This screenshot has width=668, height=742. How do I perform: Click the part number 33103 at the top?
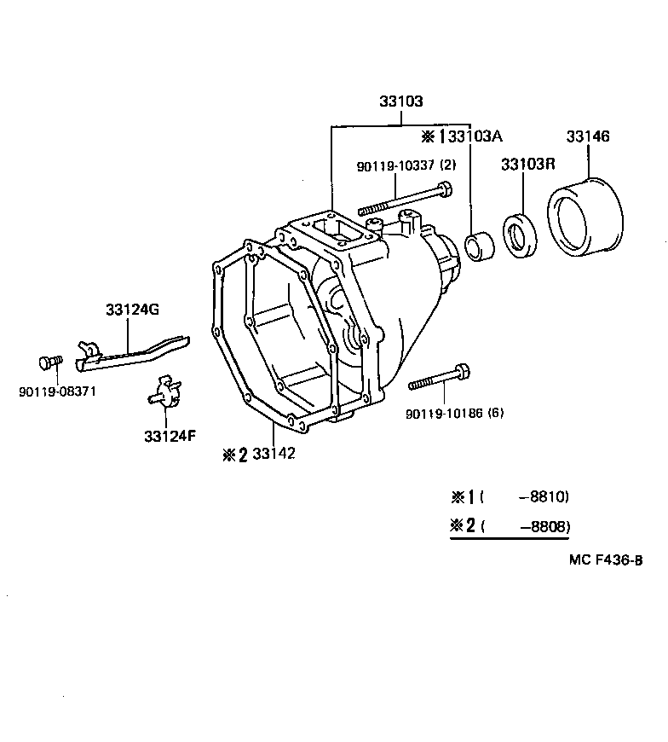(x=401, y=101)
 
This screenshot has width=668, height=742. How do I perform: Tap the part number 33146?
(x=588, y=136)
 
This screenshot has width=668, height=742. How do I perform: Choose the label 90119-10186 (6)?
(x=456, y=413)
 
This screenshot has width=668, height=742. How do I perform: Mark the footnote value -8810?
(x=544, y=496)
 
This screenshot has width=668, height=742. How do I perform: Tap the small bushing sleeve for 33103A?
(x=480, y=246)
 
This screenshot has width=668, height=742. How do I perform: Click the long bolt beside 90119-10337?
(x=406, y=200)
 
